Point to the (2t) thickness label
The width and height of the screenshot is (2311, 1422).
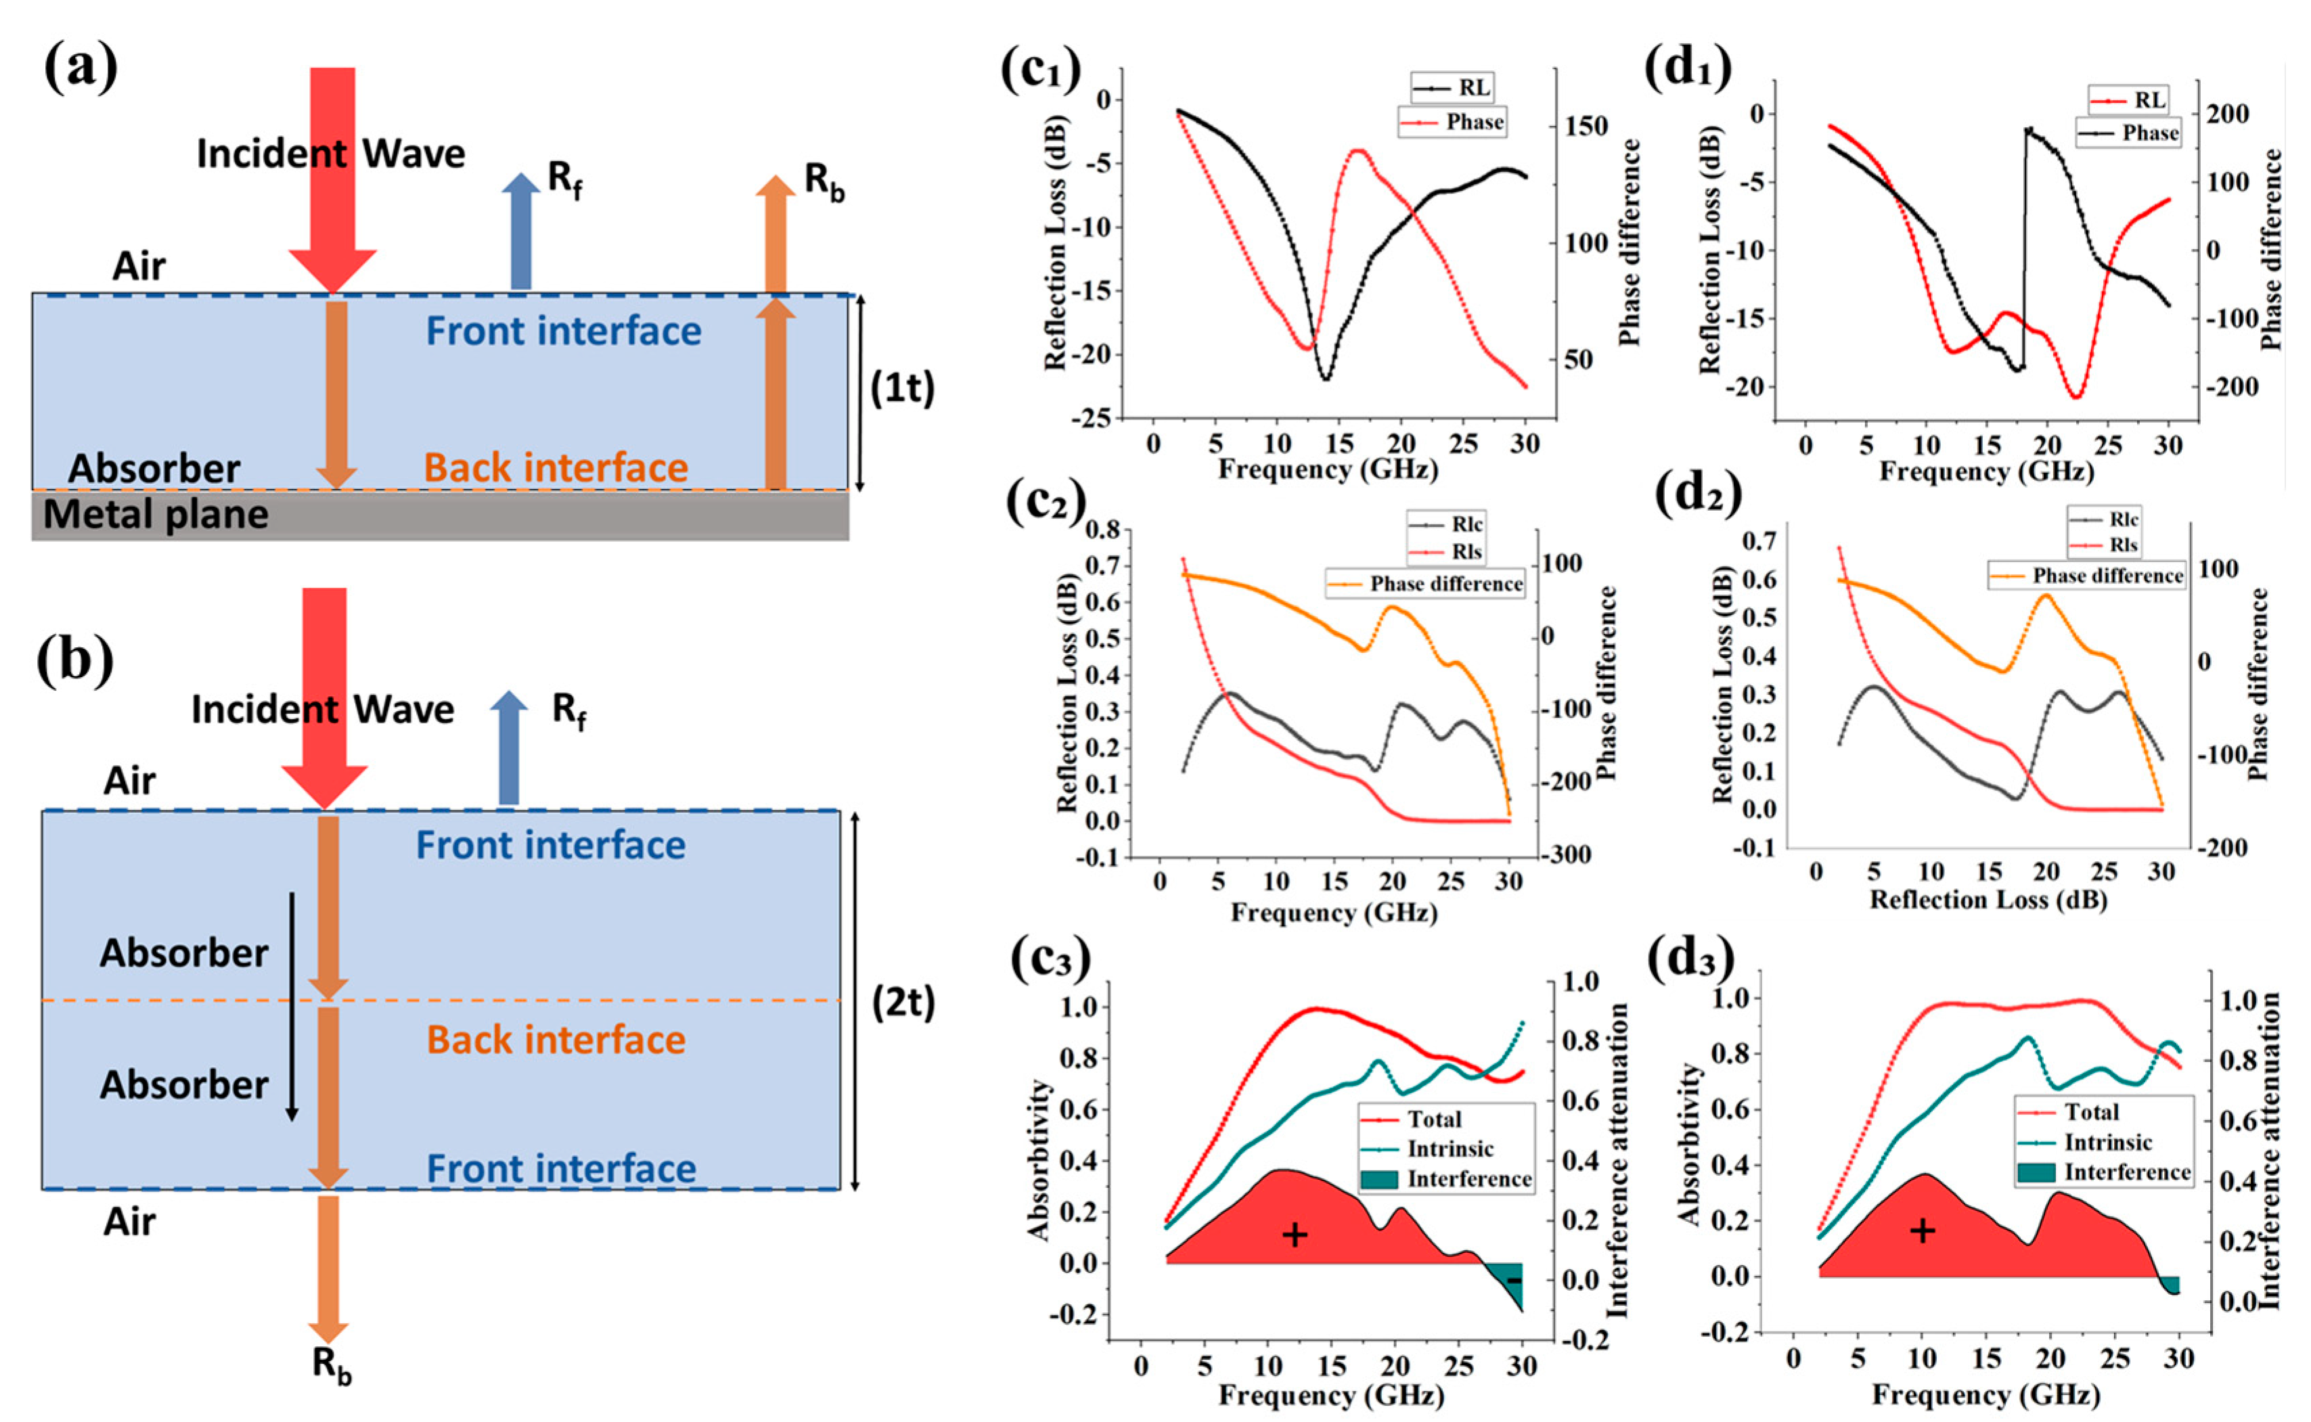coord(903,1003)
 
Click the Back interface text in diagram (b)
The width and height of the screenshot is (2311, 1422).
coord(556,1040)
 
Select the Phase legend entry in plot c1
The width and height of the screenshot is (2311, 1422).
coord(1453,122)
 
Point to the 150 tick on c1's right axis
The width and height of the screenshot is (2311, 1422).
coord(1586,126)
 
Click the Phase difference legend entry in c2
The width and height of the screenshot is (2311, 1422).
coord(1426,584)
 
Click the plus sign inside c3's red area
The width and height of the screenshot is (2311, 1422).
coord(1295,1235)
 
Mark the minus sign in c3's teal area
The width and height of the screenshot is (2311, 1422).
coord(1513,1281)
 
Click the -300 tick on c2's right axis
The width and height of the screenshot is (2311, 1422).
coord(1566,855)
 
